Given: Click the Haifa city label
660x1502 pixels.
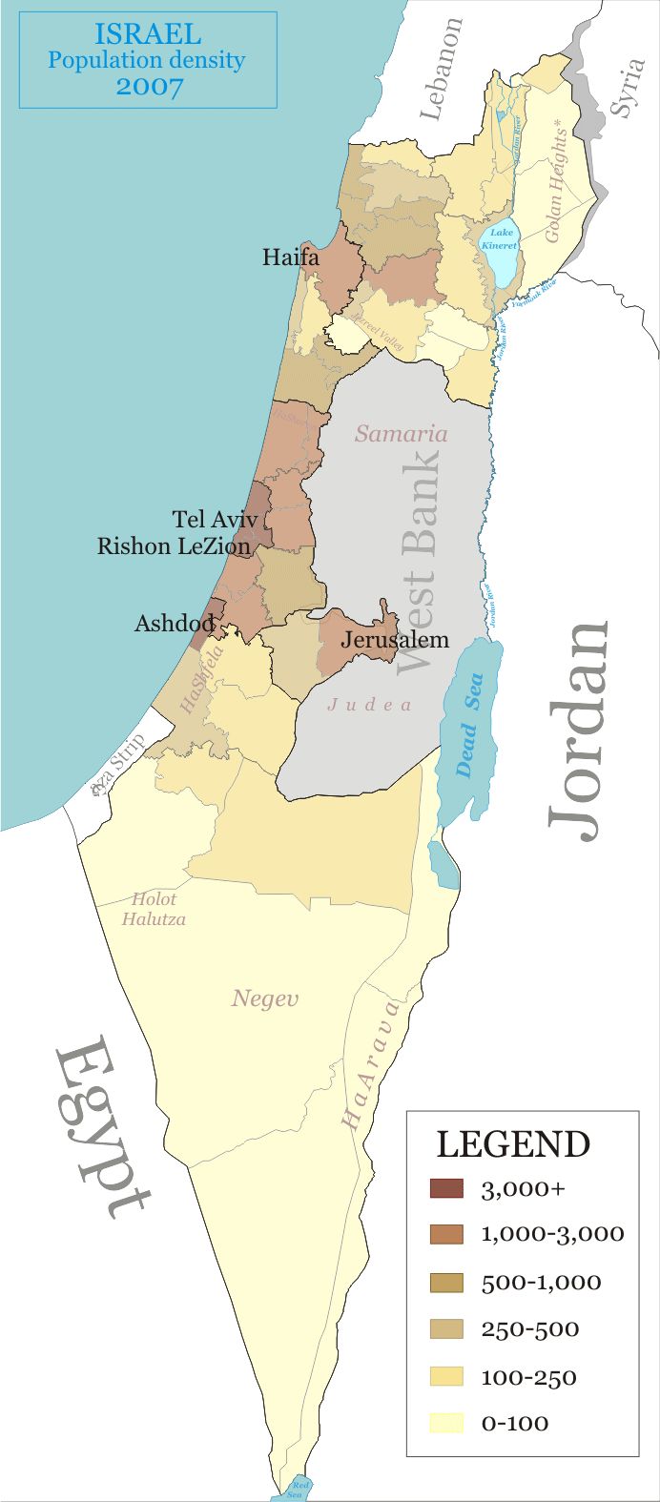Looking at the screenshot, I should tap(291, 257).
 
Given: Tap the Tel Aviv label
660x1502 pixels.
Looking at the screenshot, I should tap(215, 520).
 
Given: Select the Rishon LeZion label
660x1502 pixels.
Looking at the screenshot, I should tap(174, 546).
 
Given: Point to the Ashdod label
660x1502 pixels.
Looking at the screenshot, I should tap(174, 624).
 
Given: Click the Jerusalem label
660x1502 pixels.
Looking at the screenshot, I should tap(394, 639).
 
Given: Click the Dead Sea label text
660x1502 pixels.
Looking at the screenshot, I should tap(469, 725).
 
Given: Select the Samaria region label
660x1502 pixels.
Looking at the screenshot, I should tap(401, 434).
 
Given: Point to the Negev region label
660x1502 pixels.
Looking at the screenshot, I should tap(265, 998).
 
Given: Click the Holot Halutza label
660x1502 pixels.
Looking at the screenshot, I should tap(154, 910).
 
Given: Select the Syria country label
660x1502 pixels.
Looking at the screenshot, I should tap(627, 88).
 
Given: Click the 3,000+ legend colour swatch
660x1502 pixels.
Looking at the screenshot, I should tap(446, 1188).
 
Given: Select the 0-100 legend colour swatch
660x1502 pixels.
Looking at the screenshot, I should tap(446, 1423).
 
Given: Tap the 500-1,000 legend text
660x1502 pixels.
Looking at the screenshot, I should tap(541, 1283).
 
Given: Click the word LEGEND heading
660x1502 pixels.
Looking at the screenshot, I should tap(513, 1144).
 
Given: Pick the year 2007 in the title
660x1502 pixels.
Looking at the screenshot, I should tap(150, 86).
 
